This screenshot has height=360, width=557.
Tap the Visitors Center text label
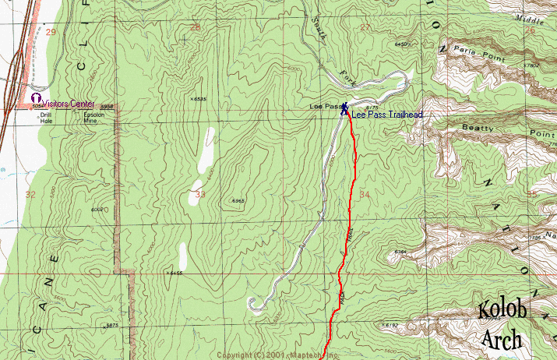pos(68,104)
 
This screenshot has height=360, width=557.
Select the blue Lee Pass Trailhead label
pos(386,115)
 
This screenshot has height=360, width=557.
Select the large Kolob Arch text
pos(502,326)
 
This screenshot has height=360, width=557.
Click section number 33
pos(201,194)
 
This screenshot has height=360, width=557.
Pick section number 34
pos(365,194)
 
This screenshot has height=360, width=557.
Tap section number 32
pos(30,194)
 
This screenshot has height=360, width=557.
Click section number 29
pos(51,32)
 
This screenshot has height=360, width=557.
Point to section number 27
pos(365,28)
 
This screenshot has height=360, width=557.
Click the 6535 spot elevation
pos(199,99)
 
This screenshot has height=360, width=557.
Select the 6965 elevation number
pos(238,201)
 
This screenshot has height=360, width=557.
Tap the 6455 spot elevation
pos(176,273)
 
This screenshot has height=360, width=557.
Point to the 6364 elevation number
pos(401,252)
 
